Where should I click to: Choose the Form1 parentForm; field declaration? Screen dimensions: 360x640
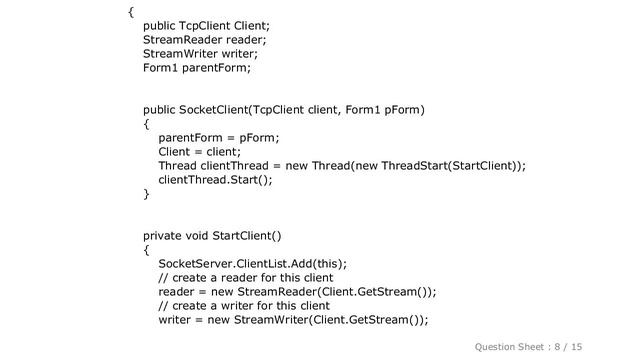point(197,68)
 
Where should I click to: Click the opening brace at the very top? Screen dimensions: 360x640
point(131,12)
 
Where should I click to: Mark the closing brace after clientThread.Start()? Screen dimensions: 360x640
point(147,193)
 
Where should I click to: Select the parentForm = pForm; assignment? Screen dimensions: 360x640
point(218,137)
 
